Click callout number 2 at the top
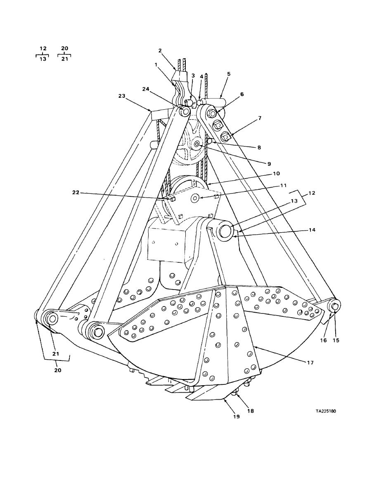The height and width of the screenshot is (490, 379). [x=160, y=51]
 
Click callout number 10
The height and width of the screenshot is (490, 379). [x=277, y=174]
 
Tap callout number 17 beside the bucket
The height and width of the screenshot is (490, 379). [x=310, y=363]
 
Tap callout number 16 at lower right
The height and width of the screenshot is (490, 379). [x=323, y=340]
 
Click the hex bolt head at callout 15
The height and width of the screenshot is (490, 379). [x=335, y=306]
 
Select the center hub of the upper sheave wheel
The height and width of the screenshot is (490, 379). [x=197, y=144]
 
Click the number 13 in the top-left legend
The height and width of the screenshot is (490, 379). [x=43, y=59]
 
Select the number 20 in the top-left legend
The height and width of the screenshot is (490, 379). [x=64, y=48]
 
